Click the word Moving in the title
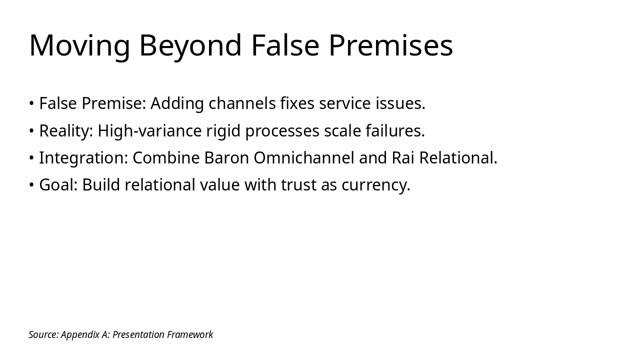point(79,45)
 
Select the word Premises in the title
point(390,45)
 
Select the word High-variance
point(149,131)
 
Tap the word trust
point(298,185)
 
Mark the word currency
point(375,185)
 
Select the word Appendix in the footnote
point(80,334)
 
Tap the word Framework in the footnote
point(190,334)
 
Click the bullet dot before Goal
point(31,185)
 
